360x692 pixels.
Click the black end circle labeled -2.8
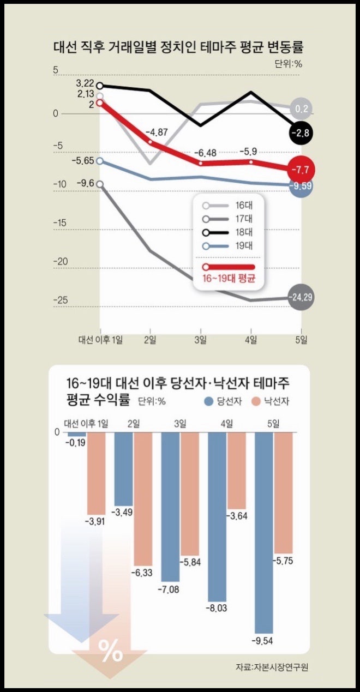click(x=302, y=133)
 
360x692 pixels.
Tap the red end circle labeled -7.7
click(x=302, y=171)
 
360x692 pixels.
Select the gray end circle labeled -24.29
click(x=302, y=298)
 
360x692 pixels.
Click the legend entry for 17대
click(x=229, y=219)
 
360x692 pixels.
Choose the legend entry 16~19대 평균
click(x=229, y=272)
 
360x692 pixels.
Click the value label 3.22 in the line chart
click(x=85, y=83)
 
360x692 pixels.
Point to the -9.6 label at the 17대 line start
click(x=86, y=183)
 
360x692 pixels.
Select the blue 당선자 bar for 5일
click(x=264, y=532)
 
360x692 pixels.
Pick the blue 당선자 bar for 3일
click(x=171, y=507)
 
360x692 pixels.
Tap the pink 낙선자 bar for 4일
click(x=237, y=470)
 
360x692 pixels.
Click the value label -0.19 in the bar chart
click(x=75, y=443)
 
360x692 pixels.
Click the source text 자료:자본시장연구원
click(x=275, y=667)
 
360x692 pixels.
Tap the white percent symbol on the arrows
click(x=110, y=650)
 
